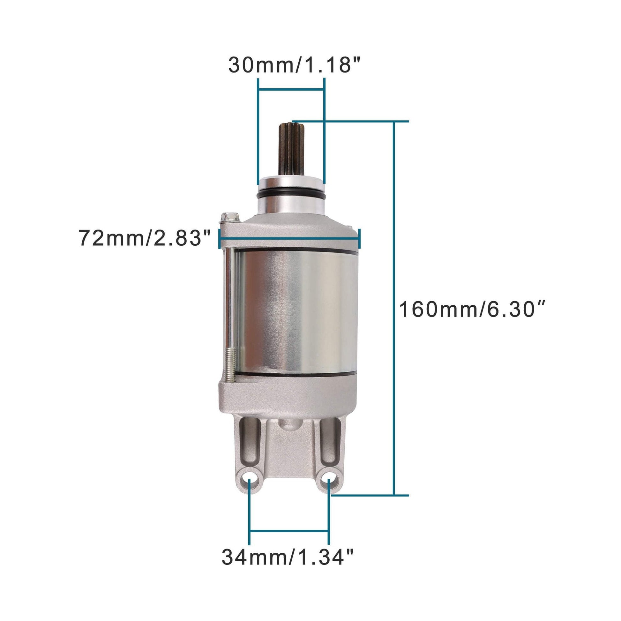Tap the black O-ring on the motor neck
tap(291, 194)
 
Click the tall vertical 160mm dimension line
tap(393, 309)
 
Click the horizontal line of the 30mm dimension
tap(291, 90)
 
